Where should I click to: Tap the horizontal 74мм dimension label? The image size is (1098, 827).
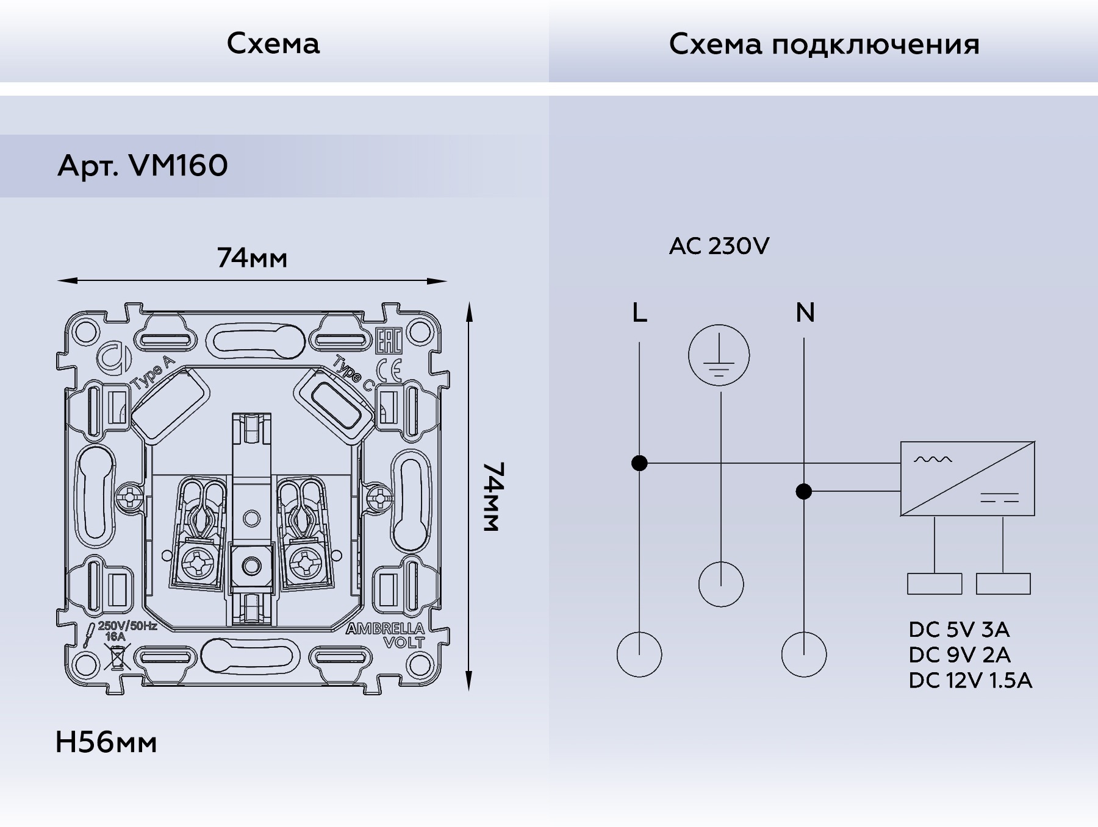(252, 258)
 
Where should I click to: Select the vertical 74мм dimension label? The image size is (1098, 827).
(492, 496)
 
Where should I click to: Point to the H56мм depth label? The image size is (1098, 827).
(106, 742)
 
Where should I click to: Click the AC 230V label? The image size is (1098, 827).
(719, 246)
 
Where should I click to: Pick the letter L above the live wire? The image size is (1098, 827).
(639, 313)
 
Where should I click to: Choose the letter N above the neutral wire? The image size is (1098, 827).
(805, 313)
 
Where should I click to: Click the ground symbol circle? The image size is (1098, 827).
(719, 355)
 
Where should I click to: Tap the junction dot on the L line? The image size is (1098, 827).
(639, 463)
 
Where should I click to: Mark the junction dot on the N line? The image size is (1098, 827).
(804, 491)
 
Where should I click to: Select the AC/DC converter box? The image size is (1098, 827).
(967, 479)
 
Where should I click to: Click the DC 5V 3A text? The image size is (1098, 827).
(959, 630)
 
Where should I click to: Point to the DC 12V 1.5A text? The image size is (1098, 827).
(970, 681)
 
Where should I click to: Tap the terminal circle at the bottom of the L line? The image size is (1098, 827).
(639, 655)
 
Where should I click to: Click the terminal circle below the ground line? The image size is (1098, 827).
(721, 584)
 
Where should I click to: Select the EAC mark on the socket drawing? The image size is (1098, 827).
(389, 343)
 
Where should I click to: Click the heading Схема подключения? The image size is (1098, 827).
(824, 44)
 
